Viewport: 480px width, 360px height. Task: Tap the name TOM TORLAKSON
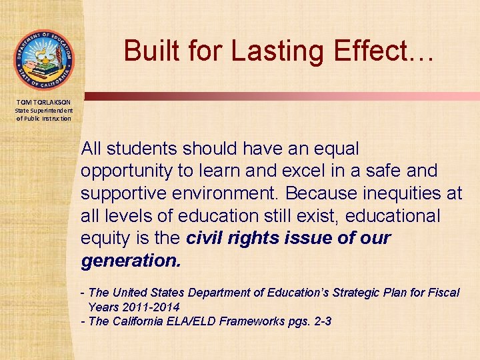(x=44, y=101)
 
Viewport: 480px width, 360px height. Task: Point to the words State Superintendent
(x=44, y=110)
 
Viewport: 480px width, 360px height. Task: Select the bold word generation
(x=131, y=261)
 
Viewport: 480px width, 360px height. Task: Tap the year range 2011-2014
(x=151, y=307)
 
